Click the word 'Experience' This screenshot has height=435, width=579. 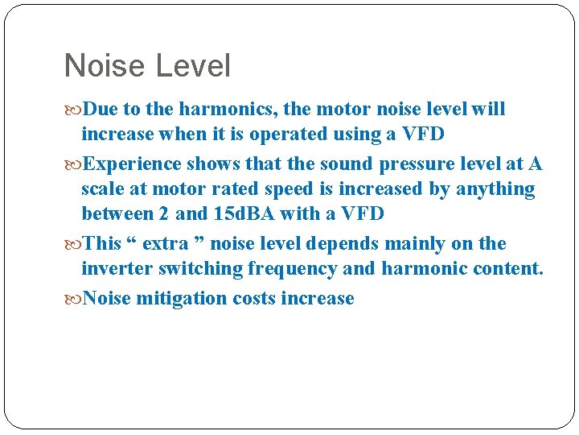[x=132, y=164]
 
